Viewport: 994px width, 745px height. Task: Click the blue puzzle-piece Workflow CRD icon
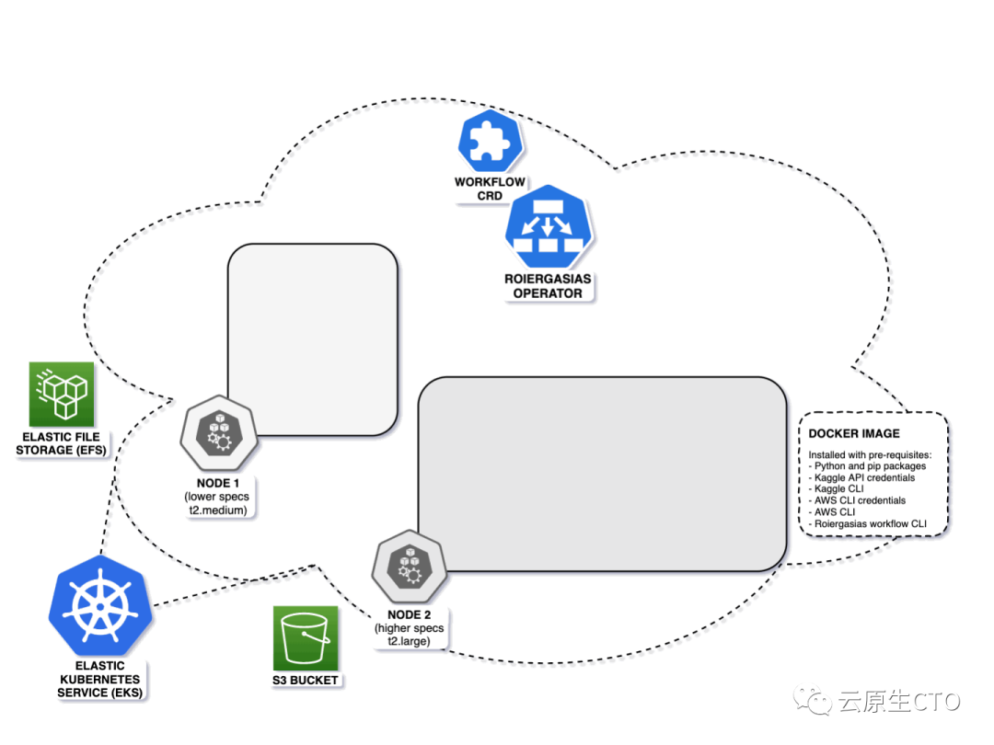491,141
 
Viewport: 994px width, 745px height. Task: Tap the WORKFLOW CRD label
490,189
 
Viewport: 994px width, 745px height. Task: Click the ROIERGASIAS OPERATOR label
548,286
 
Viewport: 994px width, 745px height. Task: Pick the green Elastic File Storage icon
63,394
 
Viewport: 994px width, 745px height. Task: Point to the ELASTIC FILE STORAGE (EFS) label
61,443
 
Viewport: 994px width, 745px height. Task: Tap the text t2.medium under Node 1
218,510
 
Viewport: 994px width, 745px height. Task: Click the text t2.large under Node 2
410,641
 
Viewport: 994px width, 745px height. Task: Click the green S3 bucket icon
306,638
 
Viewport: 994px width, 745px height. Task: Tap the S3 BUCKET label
306,681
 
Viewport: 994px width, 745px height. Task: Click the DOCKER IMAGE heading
854,433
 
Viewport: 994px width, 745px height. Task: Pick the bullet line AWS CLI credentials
860,501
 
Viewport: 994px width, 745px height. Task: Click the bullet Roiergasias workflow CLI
871,524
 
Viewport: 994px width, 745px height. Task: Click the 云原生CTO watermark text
897,702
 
